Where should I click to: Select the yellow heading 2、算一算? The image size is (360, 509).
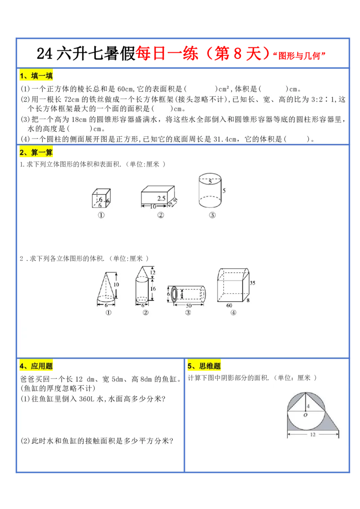pyautogui.click(x=36, y=152)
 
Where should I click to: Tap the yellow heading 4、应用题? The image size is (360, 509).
pyautogui.click(x=36, y=366)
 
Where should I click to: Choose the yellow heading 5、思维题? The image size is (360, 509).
pyautogui.click(x=204, y=366)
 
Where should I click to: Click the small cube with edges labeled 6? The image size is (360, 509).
pyautogui.click(x=101, y=198)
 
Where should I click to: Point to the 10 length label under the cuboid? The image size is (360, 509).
pyautogui.click(x=153, y=206)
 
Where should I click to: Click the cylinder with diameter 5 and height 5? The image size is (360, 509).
pyautogui.click(x=210, y=191)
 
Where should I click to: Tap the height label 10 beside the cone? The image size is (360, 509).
pyautogui.click(x=116, y=285)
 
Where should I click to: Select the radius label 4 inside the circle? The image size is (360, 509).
pyautogui.click(x=308, y=406)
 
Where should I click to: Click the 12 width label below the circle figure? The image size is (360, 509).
pyautogui.click(x=312, y=434)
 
